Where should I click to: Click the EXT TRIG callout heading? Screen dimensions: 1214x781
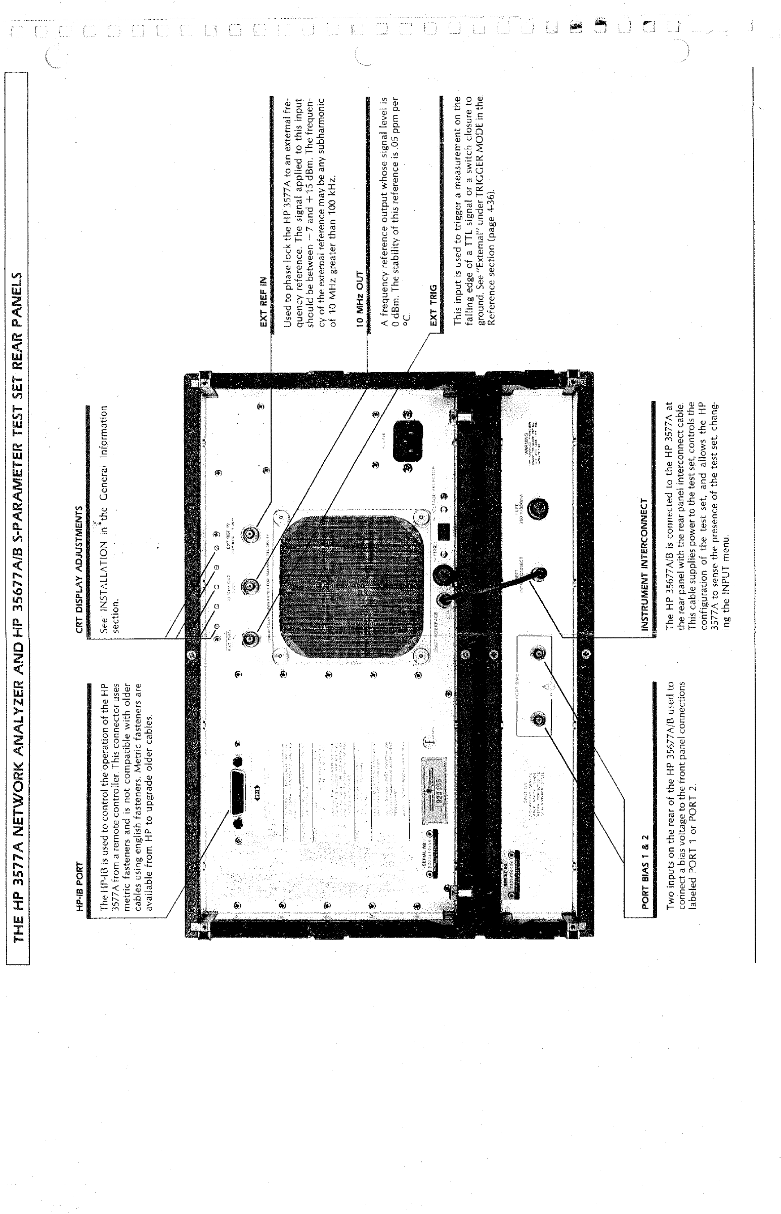tap(433, 310)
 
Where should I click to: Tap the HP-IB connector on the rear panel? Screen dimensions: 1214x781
tap(238, 789)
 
